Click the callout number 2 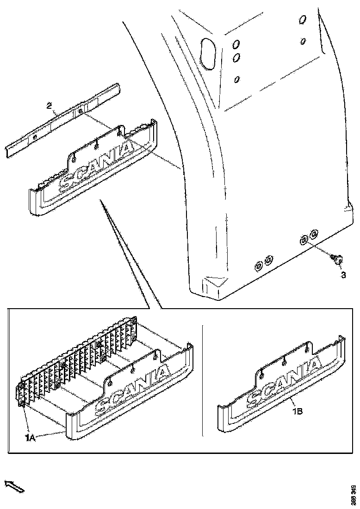(49, 106)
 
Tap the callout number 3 (343, 275)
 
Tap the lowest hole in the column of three (237, 79)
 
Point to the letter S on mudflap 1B (255, 397)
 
